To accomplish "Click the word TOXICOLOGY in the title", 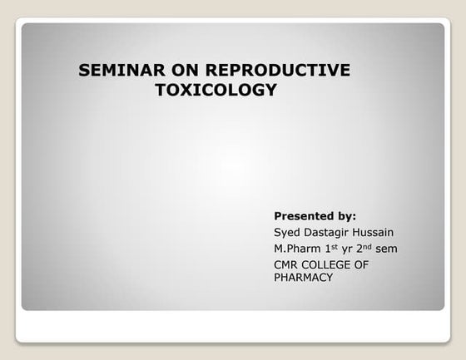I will (x=216, y=91).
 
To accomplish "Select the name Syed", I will (x=288, y=232).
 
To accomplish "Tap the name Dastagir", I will (x=332, y=232).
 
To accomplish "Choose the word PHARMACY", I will (x=304, y=278).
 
